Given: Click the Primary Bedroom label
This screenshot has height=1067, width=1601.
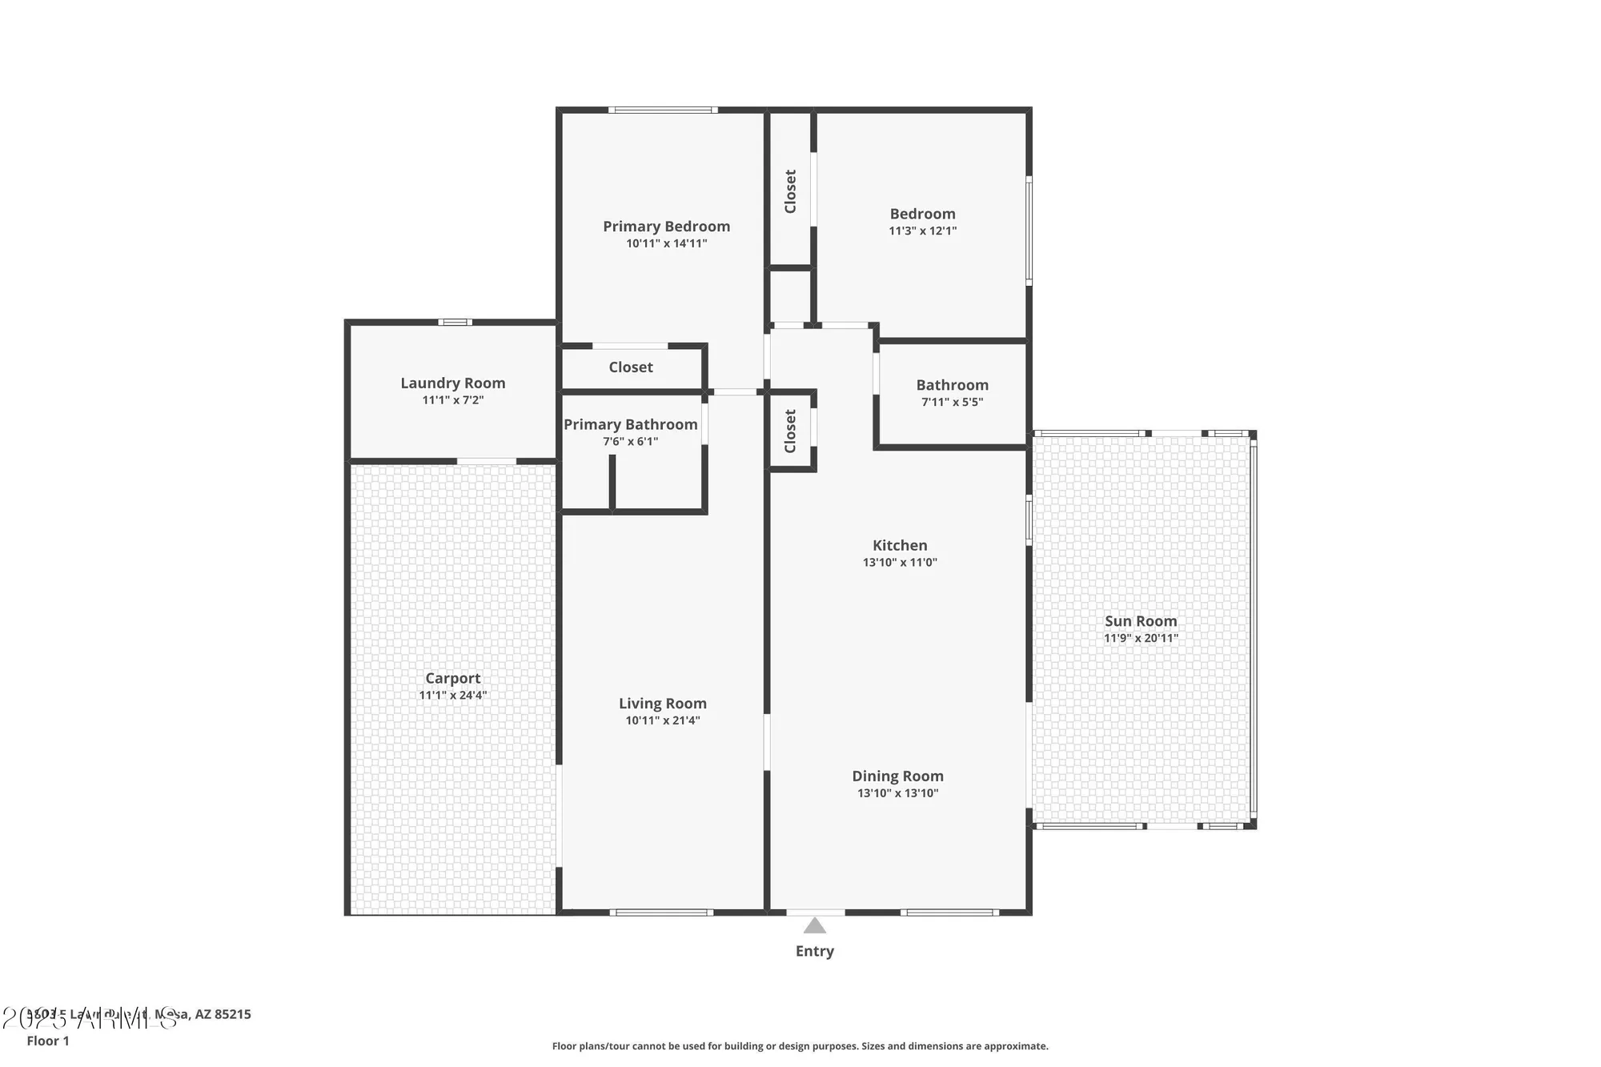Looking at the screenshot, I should (666, 227).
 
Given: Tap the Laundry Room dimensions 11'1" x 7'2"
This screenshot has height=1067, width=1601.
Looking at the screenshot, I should (453, 400).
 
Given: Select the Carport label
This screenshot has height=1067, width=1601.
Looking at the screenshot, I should (452, 678).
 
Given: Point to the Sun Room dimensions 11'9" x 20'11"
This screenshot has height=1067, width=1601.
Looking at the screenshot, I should (1141, 638).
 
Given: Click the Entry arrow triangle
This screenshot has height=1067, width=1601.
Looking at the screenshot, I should (814, 927).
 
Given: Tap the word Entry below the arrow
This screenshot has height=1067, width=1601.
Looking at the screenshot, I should (814, 951).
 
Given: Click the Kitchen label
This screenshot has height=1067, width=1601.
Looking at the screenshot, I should (900, 545).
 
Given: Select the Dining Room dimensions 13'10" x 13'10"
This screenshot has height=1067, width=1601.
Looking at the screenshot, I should (897, 793).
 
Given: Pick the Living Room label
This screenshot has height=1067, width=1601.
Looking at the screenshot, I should (662, 704).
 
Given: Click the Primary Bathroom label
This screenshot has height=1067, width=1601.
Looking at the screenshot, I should (630, 424).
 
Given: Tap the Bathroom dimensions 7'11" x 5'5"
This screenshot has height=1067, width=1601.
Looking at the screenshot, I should (952, 402).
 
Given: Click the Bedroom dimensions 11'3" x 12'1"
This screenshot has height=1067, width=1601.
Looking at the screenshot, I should (922, 231).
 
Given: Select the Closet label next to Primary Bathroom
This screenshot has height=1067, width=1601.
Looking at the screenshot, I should (790, 431).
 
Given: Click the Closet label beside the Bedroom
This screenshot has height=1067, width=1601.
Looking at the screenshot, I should (790, 191).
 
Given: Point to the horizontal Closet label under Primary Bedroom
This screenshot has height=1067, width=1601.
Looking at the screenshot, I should (631, 367).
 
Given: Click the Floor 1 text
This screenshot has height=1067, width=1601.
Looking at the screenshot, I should (48, 1041).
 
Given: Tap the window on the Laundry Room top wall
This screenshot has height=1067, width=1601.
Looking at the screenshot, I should (455, 322).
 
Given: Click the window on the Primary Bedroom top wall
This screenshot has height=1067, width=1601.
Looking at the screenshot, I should (662, 110).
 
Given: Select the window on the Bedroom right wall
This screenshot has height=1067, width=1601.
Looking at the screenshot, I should (1029, 231).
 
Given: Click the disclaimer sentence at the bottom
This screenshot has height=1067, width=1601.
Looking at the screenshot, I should (800, 1046).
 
